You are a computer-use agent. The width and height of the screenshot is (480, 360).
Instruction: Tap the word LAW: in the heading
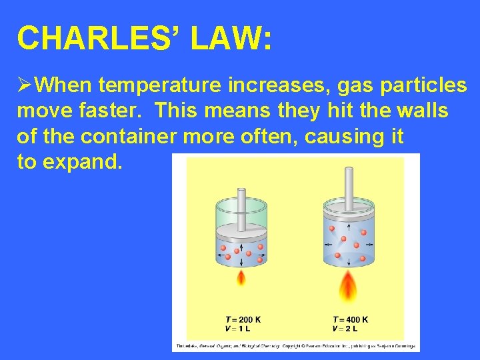[x=231, y=38]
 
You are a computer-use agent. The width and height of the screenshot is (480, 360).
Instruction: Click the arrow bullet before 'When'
[x=25, y=85]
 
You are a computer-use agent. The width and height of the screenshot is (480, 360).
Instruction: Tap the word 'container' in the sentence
[x=146, y=136]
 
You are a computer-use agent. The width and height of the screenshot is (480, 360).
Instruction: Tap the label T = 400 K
[x=350, y=319]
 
